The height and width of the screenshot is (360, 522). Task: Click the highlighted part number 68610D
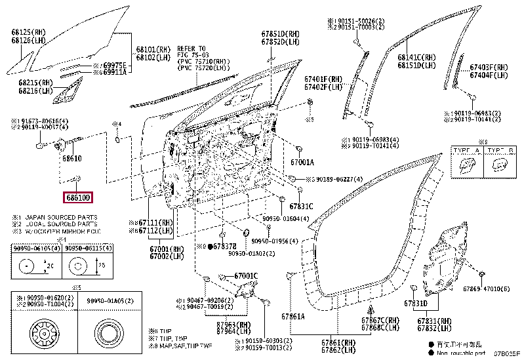[78, 197]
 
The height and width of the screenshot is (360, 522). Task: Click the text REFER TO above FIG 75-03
[191, 49]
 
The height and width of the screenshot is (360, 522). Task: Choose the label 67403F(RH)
[489, 67]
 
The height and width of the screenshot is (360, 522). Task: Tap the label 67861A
[293, 317]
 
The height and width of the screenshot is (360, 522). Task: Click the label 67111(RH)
[157, 224]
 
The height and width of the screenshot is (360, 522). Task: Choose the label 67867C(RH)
[380, 321]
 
